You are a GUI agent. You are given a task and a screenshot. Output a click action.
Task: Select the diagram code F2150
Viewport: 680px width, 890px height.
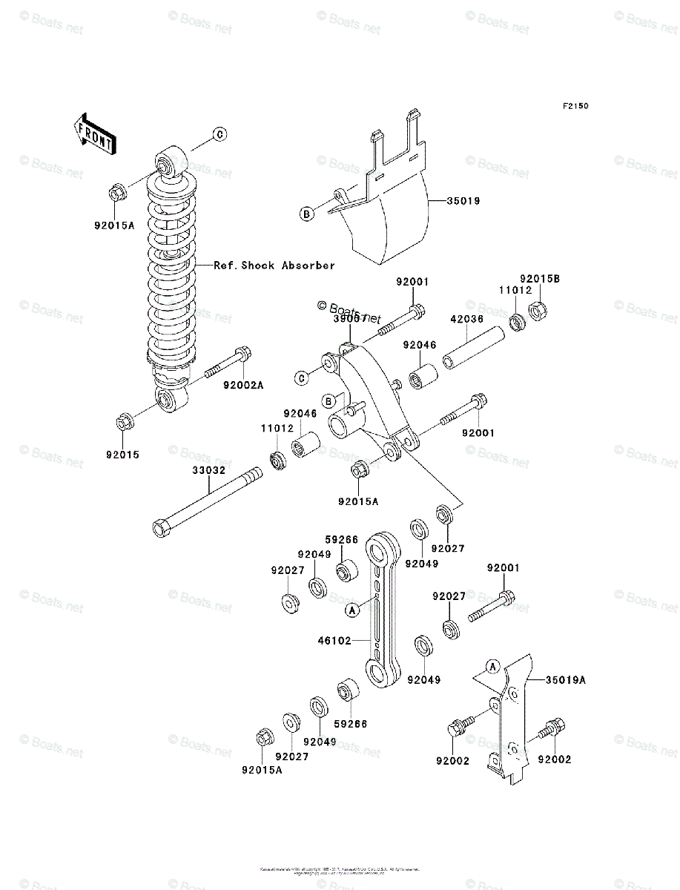[575, 107]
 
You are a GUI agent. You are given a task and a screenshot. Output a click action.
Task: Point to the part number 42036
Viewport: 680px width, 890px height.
[466, 320]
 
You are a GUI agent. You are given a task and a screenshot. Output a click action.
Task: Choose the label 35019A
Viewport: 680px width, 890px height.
[566, 679]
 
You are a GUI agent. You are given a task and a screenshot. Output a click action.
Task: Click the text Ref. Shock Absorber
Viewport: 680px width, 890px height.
[274, 265]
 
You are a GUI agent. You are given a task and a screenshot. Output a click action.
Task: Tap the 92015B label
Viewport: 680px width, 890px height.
[539, 279]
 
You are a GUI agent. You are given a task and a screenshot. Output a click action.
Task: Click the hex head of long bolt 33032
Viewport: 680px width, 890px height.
[161, 528]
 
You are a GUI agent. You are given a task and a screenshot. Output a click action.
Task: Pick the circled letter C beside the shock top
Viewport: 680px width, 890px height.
[220, 134]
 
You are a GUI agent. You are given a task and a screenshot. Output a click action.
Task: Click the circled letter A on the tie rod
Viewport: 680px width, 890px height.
[352, 610]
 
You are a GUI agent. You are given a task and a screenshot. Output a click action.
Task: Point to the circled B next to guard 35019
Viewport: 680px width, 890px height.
[306, 214]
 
